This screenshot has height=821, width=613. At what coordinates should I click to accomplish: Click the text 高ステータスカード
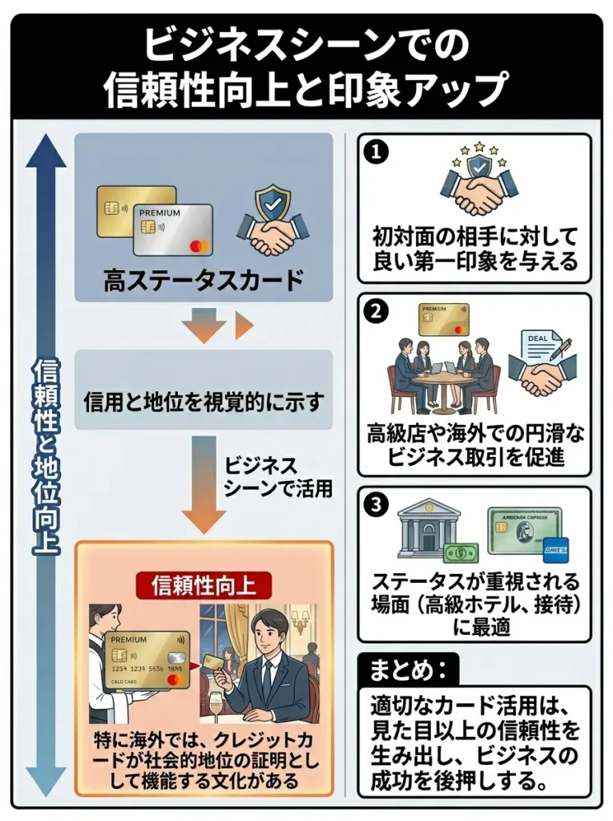click(204, 281)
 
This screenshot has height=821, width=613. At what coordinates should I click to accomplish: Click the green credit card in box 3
click(522, 529)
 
